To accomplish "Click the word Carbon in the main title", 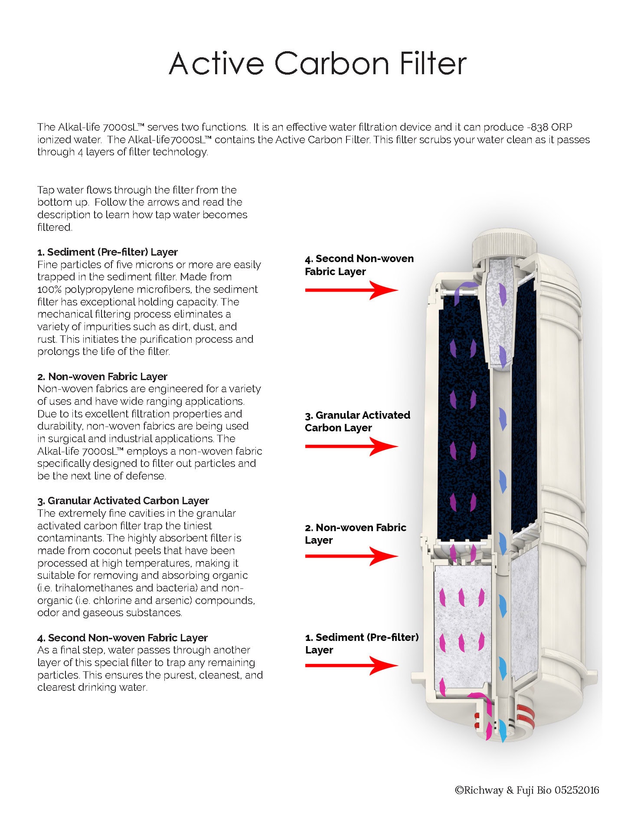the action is click(x=332, y=63).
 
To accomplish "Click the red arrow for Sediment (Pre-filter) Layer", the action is click(x=351, y=665).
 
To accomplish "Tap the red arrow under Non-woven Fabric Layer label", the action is click(x=351, y=556).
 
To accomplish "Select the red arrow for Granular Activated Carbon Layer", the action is click(x=351, y=446).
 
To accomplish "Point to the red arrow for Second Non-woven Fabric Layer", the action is click(x=351, y=290).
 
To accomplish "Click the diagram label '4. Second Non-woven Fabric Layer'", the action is click(x=359, y=265).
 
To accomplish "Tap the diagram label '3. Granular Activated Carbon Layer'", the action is click(x=357, y=421).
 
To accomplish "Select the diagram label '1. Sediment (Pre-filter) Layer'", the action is click(x=362, y=644).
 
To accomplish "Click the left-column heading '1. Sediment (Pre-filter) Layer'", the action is click(x=108, y=252).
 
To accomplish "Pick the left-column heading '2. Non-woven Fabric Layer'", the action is click(x=102, y=377).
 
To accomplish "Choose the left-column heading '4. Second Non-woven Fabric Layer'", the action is click(x=122, y=638).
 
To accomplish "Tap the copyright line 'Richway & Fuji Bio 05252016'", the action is click(x=527, y=790).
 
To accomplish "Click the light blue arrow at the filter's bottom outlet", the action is click(x=503, y=730).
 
